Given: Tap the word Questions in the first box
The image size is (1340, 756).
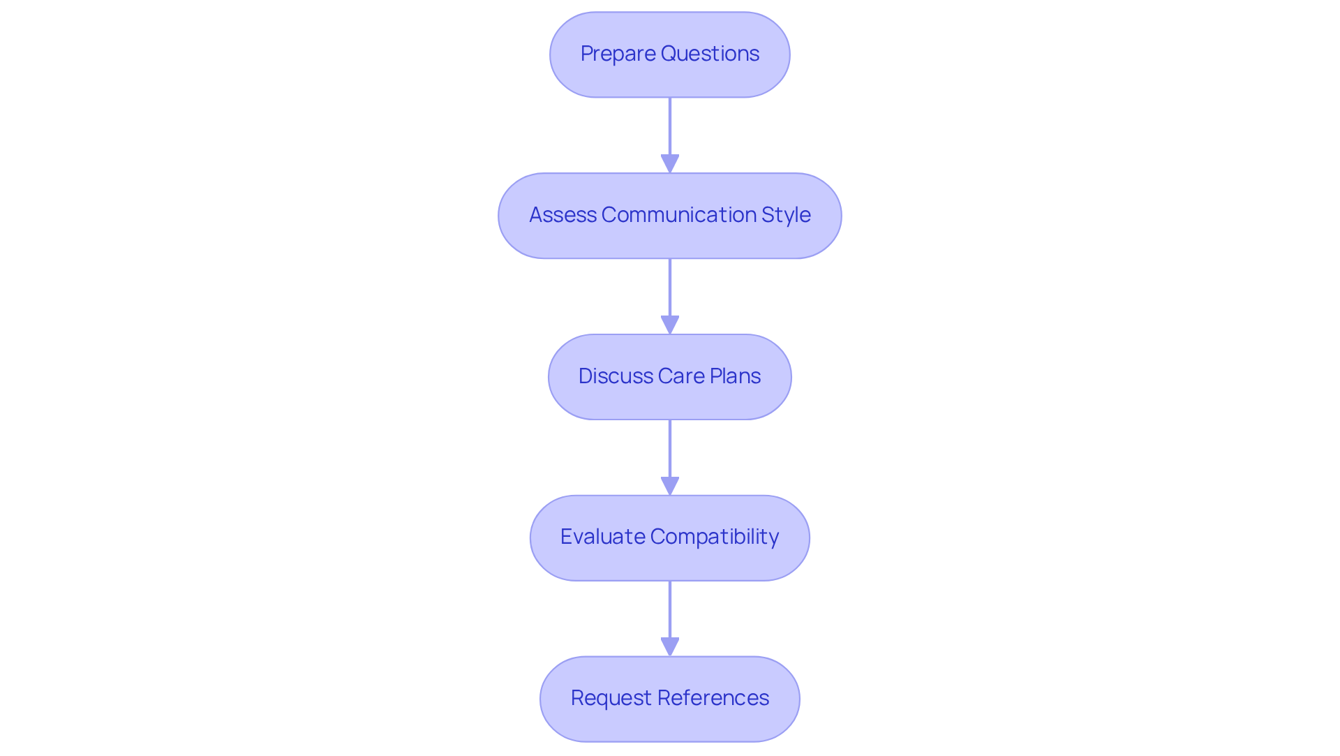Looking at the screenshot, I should [x=710, y=54].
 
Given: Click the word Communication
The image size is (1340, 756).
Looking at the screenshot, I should [x=678, y=215].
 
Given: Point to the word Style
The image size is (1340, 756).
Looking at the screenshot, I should [x=786, y=215].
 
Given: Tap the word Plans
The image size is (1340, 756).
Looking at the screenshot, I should [x=735, y=376].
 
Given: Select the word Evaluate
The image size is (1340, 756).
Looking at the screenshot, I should [x=602, y=537].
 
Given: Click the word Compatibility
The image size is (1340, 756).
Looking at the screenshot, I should [x=714, y=537].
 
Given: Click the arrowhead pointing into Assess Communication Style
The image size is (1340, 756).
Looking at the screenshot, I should [x=670, y=164].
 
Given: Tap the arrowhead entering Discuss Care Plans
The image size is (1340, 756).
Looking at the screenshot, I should [x=670, y=325].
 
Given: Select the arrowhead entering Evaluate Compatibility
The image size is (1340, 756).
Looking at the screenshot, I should [x=670, y=487].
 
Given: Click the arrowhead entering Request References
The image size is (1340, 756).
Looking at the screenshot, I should [x=670, y=647].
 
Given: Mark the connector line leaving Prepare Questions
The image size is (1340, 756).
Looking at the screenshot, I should [x=670, y=126].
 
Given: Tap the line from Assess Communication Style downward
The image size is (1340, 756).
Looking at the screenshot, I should [x=670, y=287].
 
